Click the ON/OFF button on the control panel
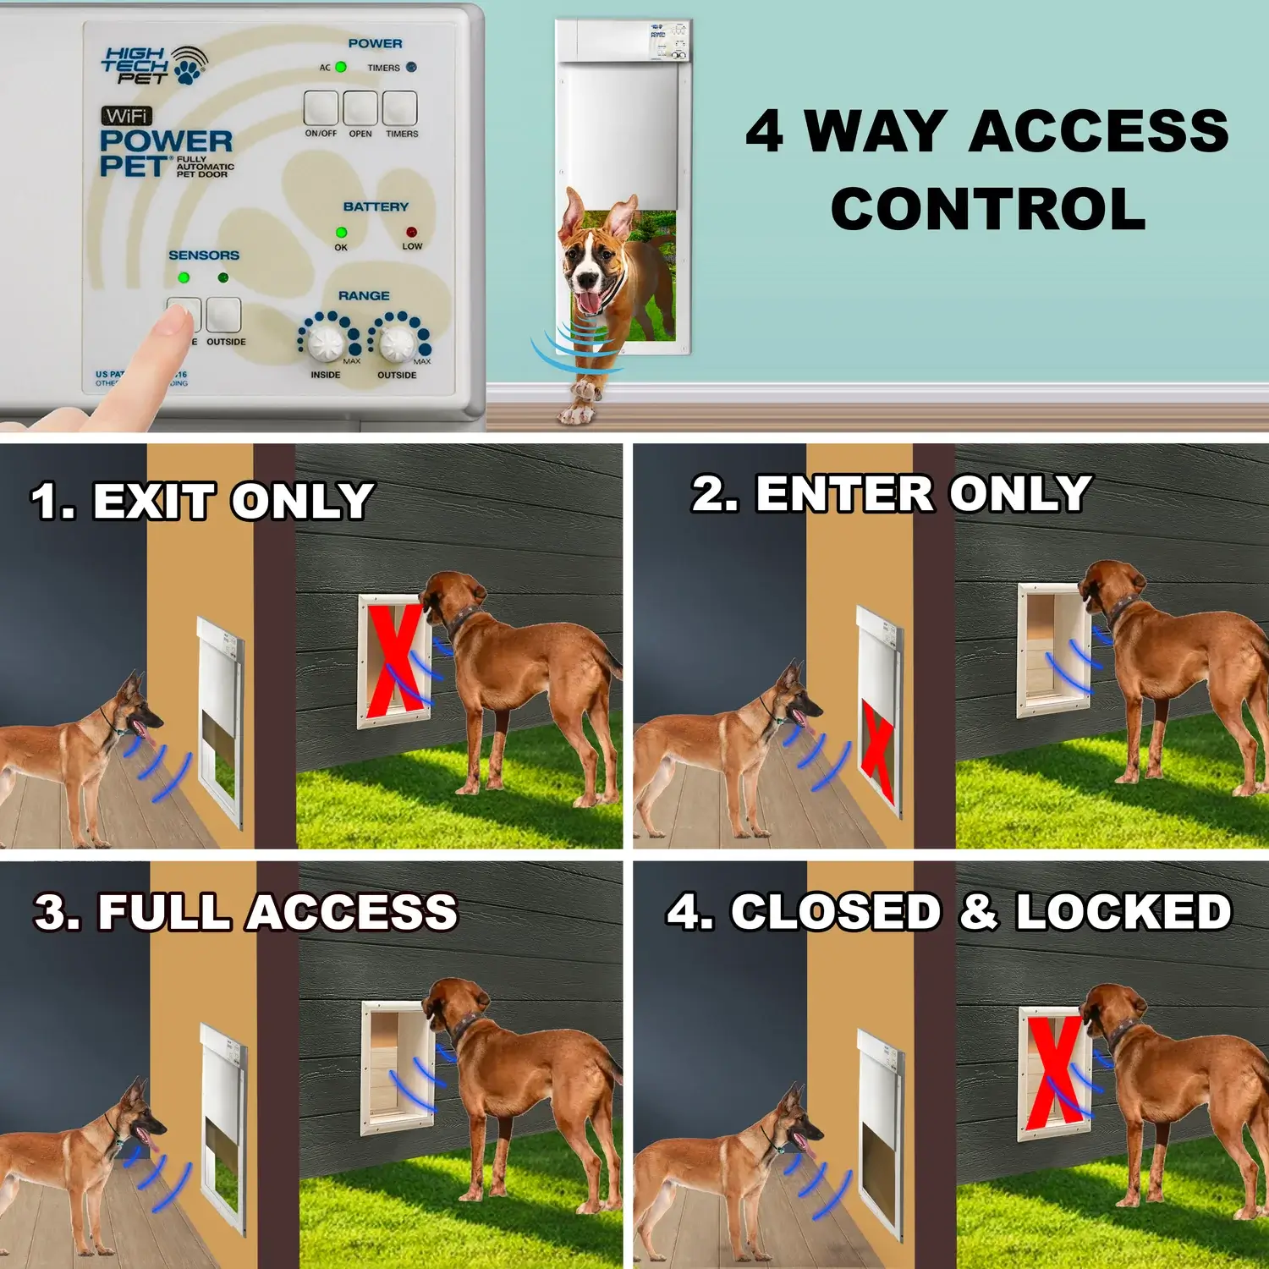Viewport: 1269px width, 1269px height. click(x=321, y=108)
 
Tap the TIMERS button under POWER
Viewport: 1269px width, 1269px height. click(x=400, y=108)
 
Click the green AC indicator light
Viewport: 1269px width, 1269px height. click(x=341, y=67)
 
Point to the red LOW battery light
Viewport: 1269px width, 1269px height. click(x=411, y=232)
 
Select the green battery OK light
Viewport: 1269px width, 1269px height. click(x=341, y=232)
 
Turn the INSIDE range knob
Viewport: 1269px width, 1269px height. click(x=325, y=342)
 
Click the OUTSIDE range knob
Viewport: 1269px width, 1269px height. click(x=396, y=342)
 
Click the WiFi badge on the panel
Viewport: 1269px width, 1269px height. click(x=127, y=115)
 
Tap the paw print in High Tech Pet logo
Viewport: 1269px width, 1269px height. click(x=189, y=66)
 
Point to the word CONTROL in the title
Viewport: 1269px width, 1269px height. click(x=988, y=210)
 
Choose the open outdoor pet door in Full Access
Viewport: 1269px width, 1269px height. click(x=396, y=1068)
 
